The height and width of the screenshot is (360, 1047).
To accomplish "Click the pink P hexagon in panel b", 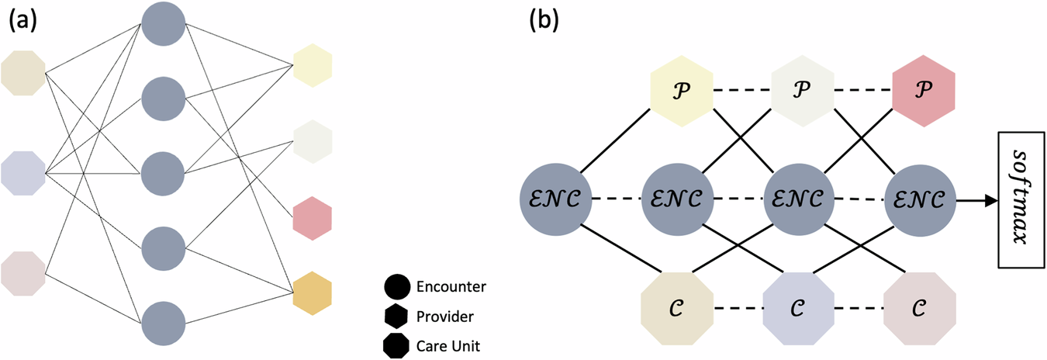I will [x=923, y=88].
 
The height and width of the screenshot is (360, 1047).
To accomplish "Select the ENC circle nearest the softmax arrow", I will [x=921, y=199].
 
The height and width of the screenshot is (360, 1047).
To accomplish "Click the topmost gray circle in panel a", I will [x=164, y=25].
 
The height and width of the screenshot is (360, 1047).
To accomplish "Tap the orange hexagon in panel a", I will [x=313, y=293].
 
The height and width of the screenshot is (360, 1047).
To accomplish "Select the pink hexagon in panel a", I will [x=313, y=218].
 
